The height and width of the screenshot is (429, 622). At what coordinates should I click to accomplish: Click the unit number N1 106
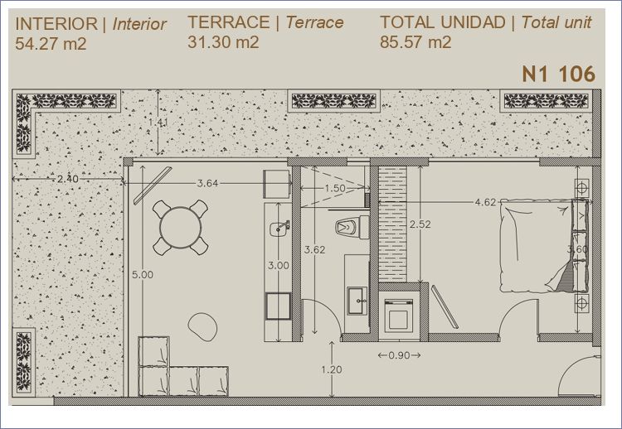558,74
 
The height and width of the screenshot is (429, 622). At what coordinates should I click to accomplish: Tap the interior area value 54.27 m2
51,43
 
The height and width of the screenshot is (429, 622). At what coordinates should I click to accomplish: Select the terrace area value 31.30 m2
223,41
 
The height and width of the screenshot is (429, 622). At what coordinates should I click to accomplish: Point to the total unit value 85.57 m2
415,41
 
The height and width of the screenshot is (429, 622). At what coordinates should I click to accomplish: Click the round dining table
181,228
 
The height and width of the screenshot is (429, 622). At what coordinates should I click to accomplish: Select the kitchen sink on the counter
279,229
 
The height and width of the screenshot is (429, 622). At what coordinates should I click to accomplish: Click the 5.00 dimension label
143,274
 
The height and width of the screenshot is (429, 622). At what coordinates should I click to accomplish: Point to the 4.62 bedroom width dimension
485,202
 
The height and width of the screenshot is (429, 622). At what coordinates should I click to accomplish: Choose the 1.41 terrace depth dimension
158,123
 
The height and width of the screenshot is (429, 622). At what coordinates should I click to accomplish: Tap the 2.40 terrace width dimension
67,179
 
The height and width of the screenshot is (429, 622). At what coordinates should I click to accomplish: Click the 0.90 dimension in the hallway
399,355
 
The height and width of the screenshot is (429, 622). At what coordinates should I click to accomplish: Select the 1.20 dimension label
331,369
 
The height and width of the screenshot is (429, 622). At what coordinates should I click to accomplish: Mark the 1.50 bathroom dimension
335,189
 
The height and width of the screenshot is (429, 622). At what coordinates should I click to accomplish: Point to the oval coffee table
202,326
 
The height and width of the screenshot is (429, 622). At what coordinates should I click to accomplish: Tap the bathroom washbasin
357,301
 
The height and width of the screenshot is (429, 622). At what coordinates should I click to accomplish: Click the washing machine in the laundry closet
399,315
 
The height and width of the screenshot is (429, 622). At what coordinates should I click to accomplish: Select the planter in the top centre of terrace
334,101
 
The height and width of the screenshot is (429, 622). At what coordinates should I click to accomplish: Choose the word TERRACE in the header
229,22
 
